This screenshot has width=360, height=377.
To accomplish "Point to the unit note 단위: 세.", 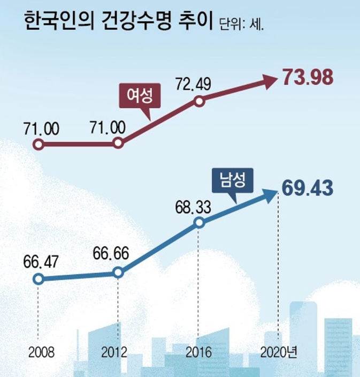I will point(242,25).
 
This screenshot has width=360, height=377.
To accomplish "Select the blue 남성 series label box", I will point(232,180).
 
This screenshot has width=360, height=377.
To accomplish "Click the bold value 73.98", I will point(308,78).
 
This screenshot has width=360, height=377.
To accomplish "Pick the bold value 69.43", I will point(308,189).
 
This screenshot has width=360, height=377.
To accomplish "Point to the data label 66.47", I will point(41,262).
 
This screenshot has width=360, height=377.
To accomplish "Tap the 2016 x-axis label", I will point(199,352).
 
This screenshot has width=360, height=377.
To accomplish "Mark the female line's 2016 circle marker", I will point(198,101).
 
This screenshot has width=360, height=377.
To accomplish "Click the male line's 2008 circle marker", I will point(37,278).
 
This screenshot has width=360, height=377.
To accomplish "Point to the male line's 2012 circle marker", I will point(118,273).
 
